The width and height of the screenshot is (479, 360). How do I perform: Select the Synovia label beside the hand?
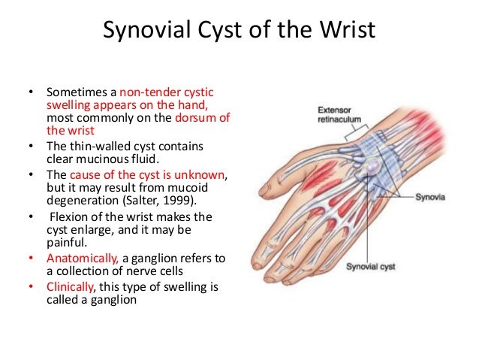tap(432, 198)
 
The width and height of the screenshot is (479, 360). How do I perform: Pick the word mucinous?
tap(107, 159)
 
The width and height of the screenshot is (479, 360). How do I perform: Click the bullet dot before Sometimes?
tap(31, 94)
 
